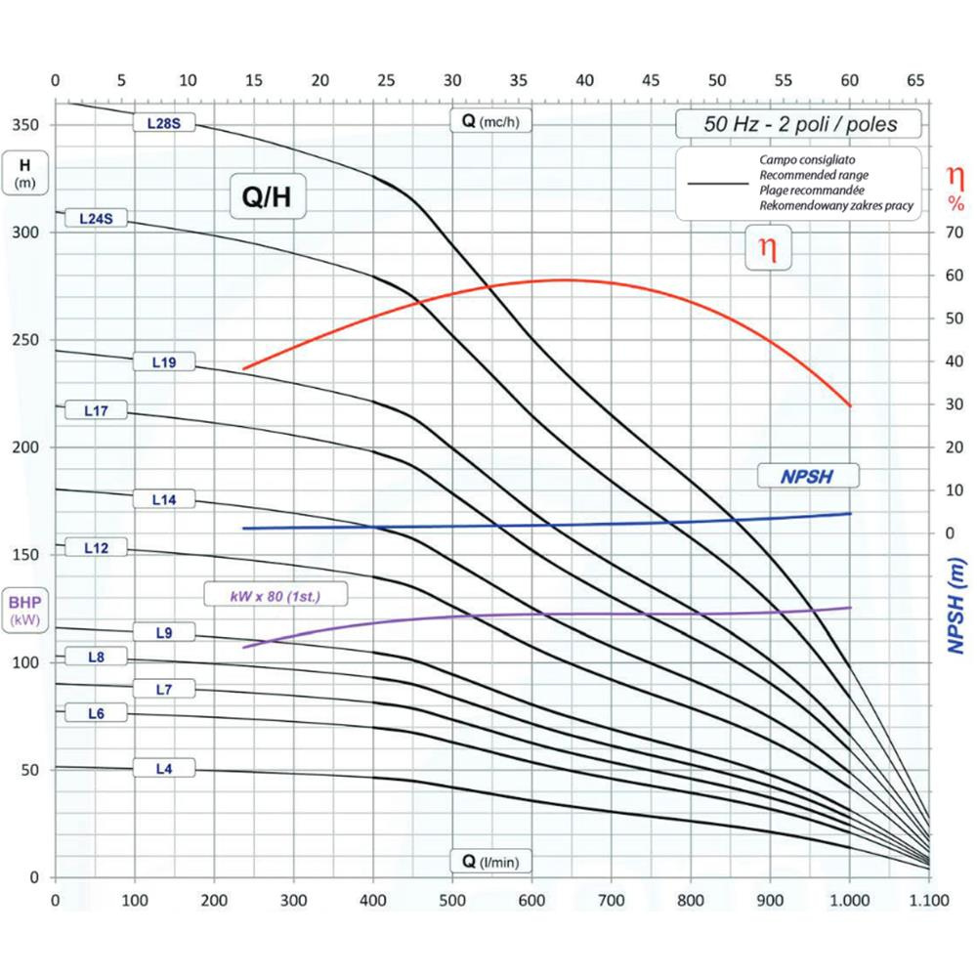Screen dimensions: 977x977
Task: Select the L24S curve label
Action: click(96, 219)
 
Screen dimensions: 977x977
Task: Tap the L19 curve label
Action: click(164, 362)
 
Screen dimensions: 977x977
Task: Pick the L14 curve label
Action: click(164, 499)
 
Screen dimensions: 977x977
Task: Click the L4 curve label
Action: click(164, 769)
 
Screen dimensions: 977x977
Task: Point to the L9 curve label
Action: click(164, 633)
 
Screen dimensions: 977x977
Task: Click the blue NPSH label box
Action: click(808, 476)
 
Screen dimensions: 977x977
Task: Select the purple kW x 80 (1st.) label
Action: click(276, 593)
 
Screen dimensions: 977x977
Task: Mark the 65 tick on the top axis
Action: click(915, 79)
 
